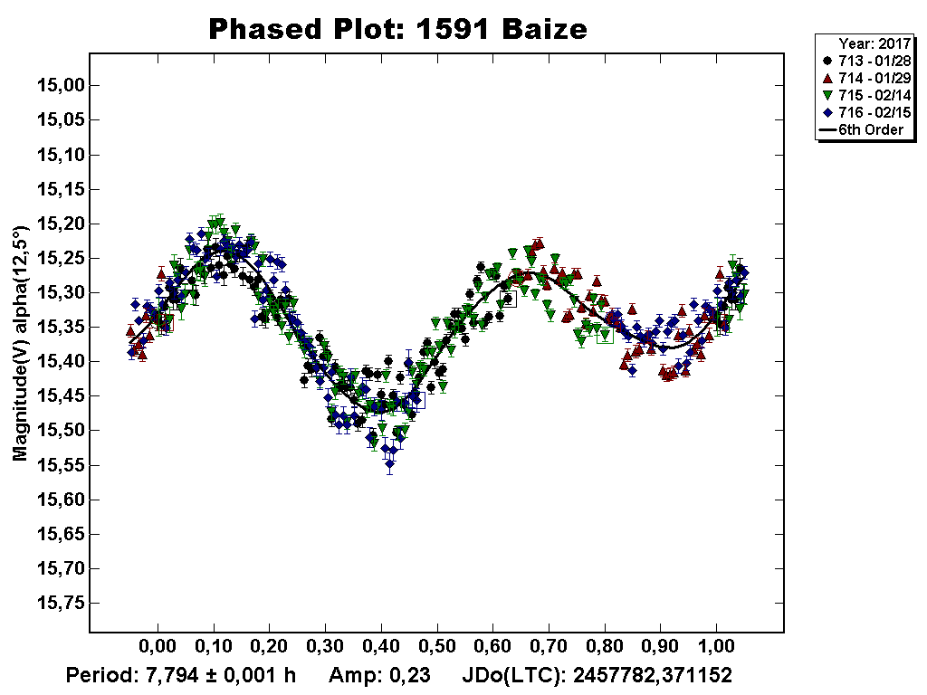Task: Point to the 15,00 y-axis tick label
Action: click(x=58, y=86)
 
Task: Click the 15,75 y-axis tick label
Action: click(x=58, y=604)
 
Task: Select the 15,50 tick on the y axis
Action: click(x=58, y=431)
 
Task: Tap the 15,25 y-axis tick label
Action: click(x=58, y=259)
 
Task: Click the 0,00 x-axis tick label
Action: click(x=158, y=649)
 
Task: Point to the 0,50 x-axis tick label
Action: click(x=437, y=649)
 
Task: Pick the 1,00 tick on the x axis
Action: click(x=717, y=649)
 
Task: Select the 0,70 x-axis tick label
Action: click(x=550, y=649)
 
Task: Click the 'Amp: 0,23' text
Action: click(x=378, y=675)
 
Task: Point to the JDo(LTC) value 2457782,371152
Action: click(x=652, y=675)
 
